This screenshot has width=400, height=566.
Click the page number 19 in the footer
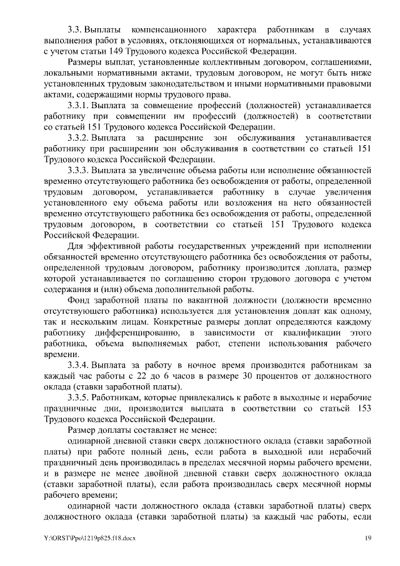coord(367,538)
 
